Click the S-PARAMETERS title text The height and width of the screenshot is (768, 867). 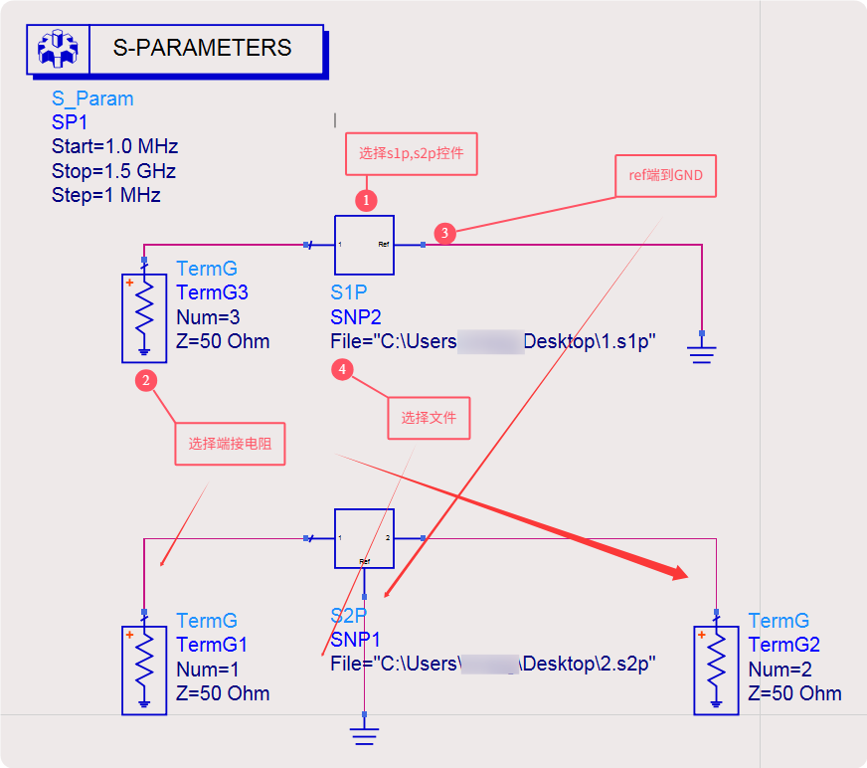[202, 48]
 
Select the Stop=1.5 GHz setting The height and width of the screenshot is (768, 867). [114, 171]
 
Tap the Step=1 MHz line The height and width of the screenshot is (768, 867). [105, 195]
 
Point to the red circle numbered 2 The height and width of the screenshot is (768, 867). [146, 380]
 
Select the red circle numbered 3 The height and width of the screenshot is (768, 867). [445, 234]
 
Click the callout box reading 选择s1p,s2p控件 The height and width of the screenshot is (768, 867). [412, 154]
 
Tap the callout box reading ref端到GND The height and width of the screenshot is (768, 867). [666, 176]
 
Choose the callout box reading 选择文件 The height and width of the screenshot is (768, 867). [429, 418]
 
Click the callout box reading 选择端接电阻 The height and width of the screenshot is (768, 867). [230, 444]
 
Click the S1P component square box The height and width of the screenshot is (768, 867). [364, 245]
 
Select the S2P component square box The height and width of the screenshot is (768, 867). [364, 538]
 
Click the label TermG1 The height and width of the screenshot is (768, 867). [212, 645]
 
